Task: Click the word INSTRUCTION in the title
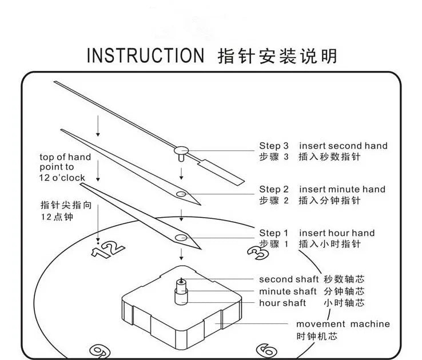coord(145,55)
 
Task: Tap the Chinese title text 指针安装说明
coord(277,55)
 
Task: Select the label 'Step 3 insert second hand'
coord(323,146)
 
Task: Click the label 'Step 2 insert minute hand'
coord(322,189)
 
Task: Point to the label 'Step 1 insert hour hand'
coord(317,233)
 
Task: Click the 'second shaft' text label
coord(285,279)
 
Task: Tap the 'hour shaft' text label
coord(282,303)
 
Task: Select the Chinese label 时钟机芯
coord(316,336)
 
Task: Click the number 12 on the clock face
coord(109,248)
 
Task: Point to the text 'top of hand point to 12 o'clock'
coord(65,167)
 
